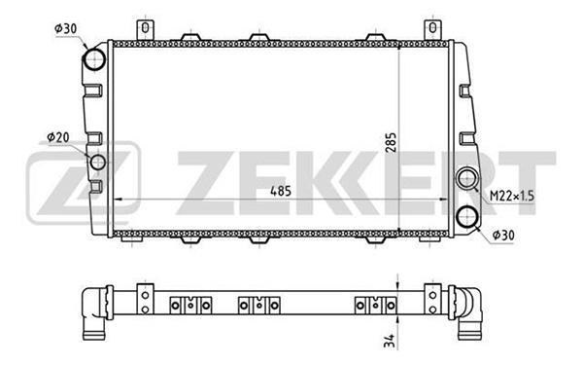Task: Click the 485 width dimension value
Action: pyautogui.click(x=281, y=191)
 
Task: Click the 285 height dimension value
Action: pyautogui.click(x=392, y=142)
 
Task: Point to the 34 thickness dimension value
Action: pyautogui.click(x=389, y=340)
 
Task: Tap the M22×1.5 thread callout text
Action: pyautogui.click(x=512, y=196)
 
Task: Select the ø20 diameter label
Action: pyautogui.click(x=58, y=137)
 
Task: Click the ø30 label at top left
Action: pyautogui.click(x=66, y=28)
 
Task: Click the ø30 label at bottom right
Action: pyautogui.click(x=503, y=235)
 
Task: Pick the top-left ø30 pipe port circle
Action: pyautogui.click(x=93, y=59)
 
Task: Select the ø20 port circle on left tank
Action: pyautogui.click(x=98, y=162)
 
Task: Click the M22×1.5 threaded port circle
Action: pyautogui.click(x=467, y=178)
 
